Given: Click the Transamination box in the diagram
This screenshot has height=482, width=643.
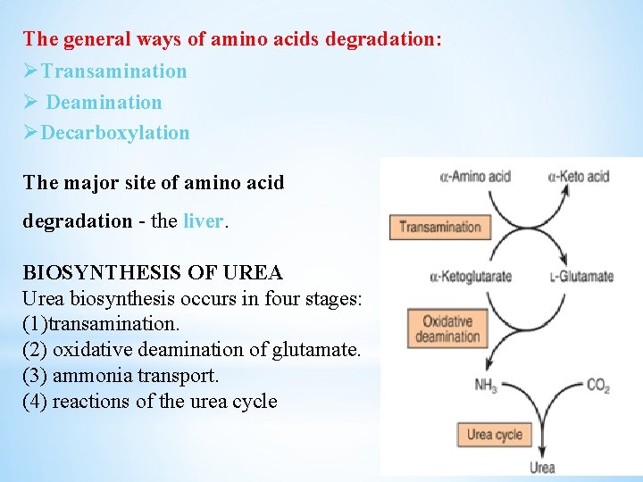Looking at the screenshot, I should (439, 227).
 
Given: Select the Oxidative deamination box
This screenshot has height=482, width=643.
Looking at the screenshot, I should (447, 328).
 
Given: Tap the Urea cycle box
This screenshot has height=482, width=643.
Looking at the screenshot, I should (494, 435).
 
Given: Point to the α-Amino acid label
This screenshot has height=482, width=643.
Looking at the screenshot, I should (475, 176).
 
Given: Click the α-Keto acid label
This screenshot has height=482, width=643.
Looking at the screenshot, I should (579, 176).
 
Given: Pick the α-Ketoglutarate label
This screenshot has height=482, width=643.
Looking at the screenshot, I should (471, 276).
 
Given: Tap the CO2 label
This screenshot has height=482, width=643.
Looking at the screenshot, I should (597, 386).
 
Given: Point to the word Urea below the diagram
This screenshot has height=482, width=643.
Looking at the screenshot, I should (542, 467).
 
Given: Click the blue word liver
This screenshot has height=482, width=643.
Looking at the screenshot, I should (203, 220).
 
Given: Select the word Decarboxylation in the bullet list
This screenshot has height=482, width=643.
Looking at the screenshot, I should (115, 133).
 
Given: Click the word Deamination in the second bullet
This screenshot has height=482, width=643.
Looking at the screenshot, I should (104, 103).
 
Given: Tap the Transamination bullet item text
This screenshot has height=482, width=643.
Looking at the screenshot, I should (113, 71).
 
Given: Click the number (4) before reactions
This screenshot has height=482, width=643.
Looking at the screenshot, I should (35, 402).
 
